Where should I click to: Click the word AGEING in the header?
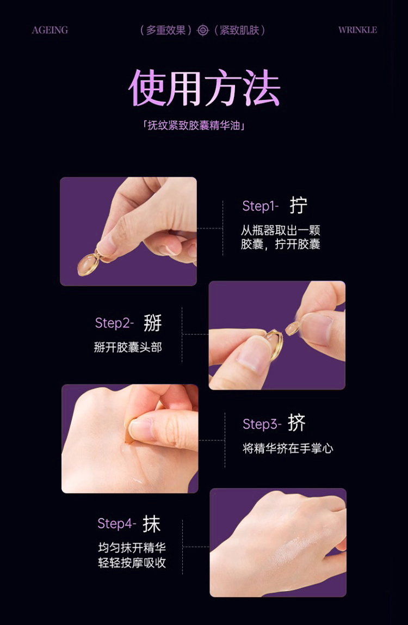[50, 30]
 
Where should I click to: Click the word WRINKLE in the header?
[357, 30]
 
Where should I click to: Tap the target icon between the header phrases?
[203, 30]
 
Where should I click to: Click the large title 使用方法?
[205, 88]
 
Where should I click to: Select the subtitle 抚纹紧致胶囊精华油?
[194, 126]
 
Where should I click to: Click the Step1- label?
[260, 206]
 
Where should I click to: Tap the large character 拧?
[299, 206]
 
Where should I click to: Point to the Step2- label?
[114, 323]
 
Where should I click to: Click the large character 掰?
[153, 323]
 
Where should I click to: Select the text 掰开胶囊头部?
[128, 347]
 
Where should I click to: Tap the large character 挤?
[296, 423]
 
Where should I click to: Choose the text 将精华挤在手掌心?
[288, 449]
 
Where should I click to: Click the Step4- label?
[117, 523]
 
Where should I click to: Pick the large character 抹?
[152, 523]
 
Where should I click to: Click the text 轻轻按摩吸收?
[132, 563]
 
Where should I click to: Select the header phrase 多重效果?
[166, 30]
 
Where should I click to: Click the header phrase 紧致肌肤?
[239, 30]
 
